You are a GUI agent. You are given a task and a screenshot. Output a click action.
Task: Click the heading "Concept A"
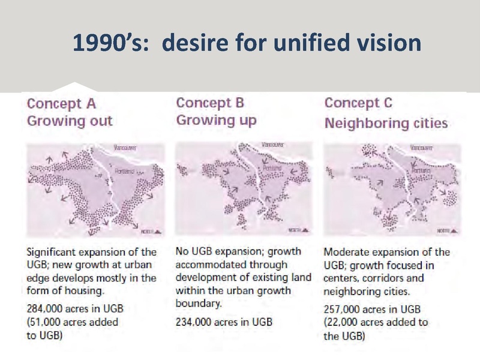[x=61, y=103]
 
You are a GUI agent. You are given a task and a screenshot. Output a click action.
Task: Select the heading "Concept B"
[x=211, y=103]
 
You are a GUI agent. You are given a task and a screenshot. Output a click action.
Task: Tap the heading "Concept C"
[x=358, y=103]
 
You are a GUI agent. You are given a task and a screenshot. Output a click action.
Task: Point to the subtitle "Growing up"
[x=216, y=120]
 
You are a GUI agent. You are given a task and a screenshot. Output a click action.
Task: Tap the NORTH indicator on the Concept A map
[x=149, y=230]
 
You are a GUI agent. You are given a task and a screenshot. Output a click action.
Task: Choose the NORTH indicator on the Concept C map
[x=445, y=230]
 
